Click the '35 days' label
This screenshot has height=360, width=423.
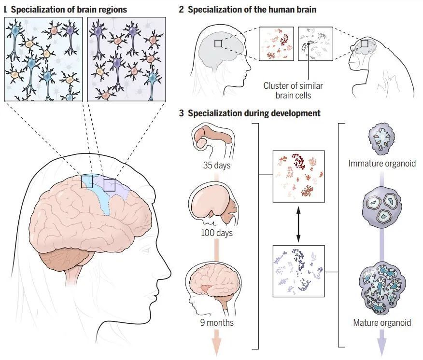pos(217,165)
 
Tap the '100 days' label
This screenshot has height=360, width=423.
pos(217,233)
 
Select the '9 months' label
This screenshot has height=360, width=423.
pos(217,322)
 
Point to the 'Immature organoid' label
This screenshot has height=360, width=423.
pos(382,164)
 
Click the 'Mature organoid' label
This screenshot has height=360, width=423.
pos(382,322)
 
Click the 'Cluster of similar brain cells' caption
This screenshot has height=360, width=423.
pos(293,90)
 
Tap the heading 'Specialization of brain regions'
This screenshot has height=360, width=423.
pos(69,10)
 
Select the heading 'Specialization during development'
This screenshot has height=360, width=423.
pos(254,113)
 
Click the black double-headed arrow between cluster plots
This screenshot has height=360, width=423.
pos(298,224)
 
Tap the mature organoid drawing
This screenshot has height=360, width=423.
pos(382,289)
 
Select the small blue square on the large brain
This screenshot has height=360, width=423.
pos(87,181)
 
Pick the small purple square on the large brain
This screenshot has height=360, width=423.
pos(110,185)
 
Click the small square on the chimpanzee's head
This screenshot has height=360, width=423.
pos(365,43)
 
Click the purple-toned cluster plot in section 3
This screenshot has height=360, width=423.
pos(298,271)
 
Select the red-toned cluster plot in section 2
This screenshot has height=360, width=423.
pos(277,44)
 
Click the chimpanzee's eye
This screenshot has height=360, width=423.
pos(357,50)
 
